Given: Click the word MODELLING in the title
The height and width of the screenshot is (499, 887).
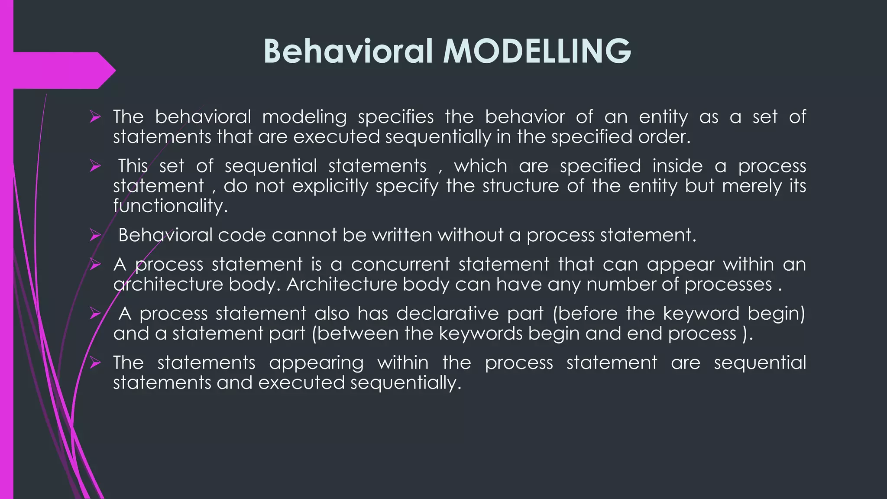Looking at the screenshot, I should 537,51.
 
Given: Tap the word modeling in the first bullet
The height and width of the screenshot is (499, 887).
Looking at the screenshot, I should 304,117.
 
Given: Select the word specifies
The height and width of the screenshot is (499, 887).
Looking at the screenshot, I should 396,117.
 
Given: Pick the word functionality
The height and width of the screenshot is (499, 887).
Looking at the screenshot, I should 170,206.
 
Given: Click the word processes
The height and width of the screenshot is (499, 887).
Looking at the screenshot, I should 728,285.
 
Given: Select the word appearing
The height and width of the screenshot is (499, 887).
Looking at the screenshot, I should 316,363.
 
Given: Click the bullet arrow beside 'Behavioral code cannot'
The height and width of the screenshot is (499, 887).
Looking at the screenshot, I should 95,235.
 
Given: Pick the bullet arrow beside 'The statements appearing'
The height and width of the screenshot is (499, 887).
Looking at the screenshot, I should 95,363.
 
